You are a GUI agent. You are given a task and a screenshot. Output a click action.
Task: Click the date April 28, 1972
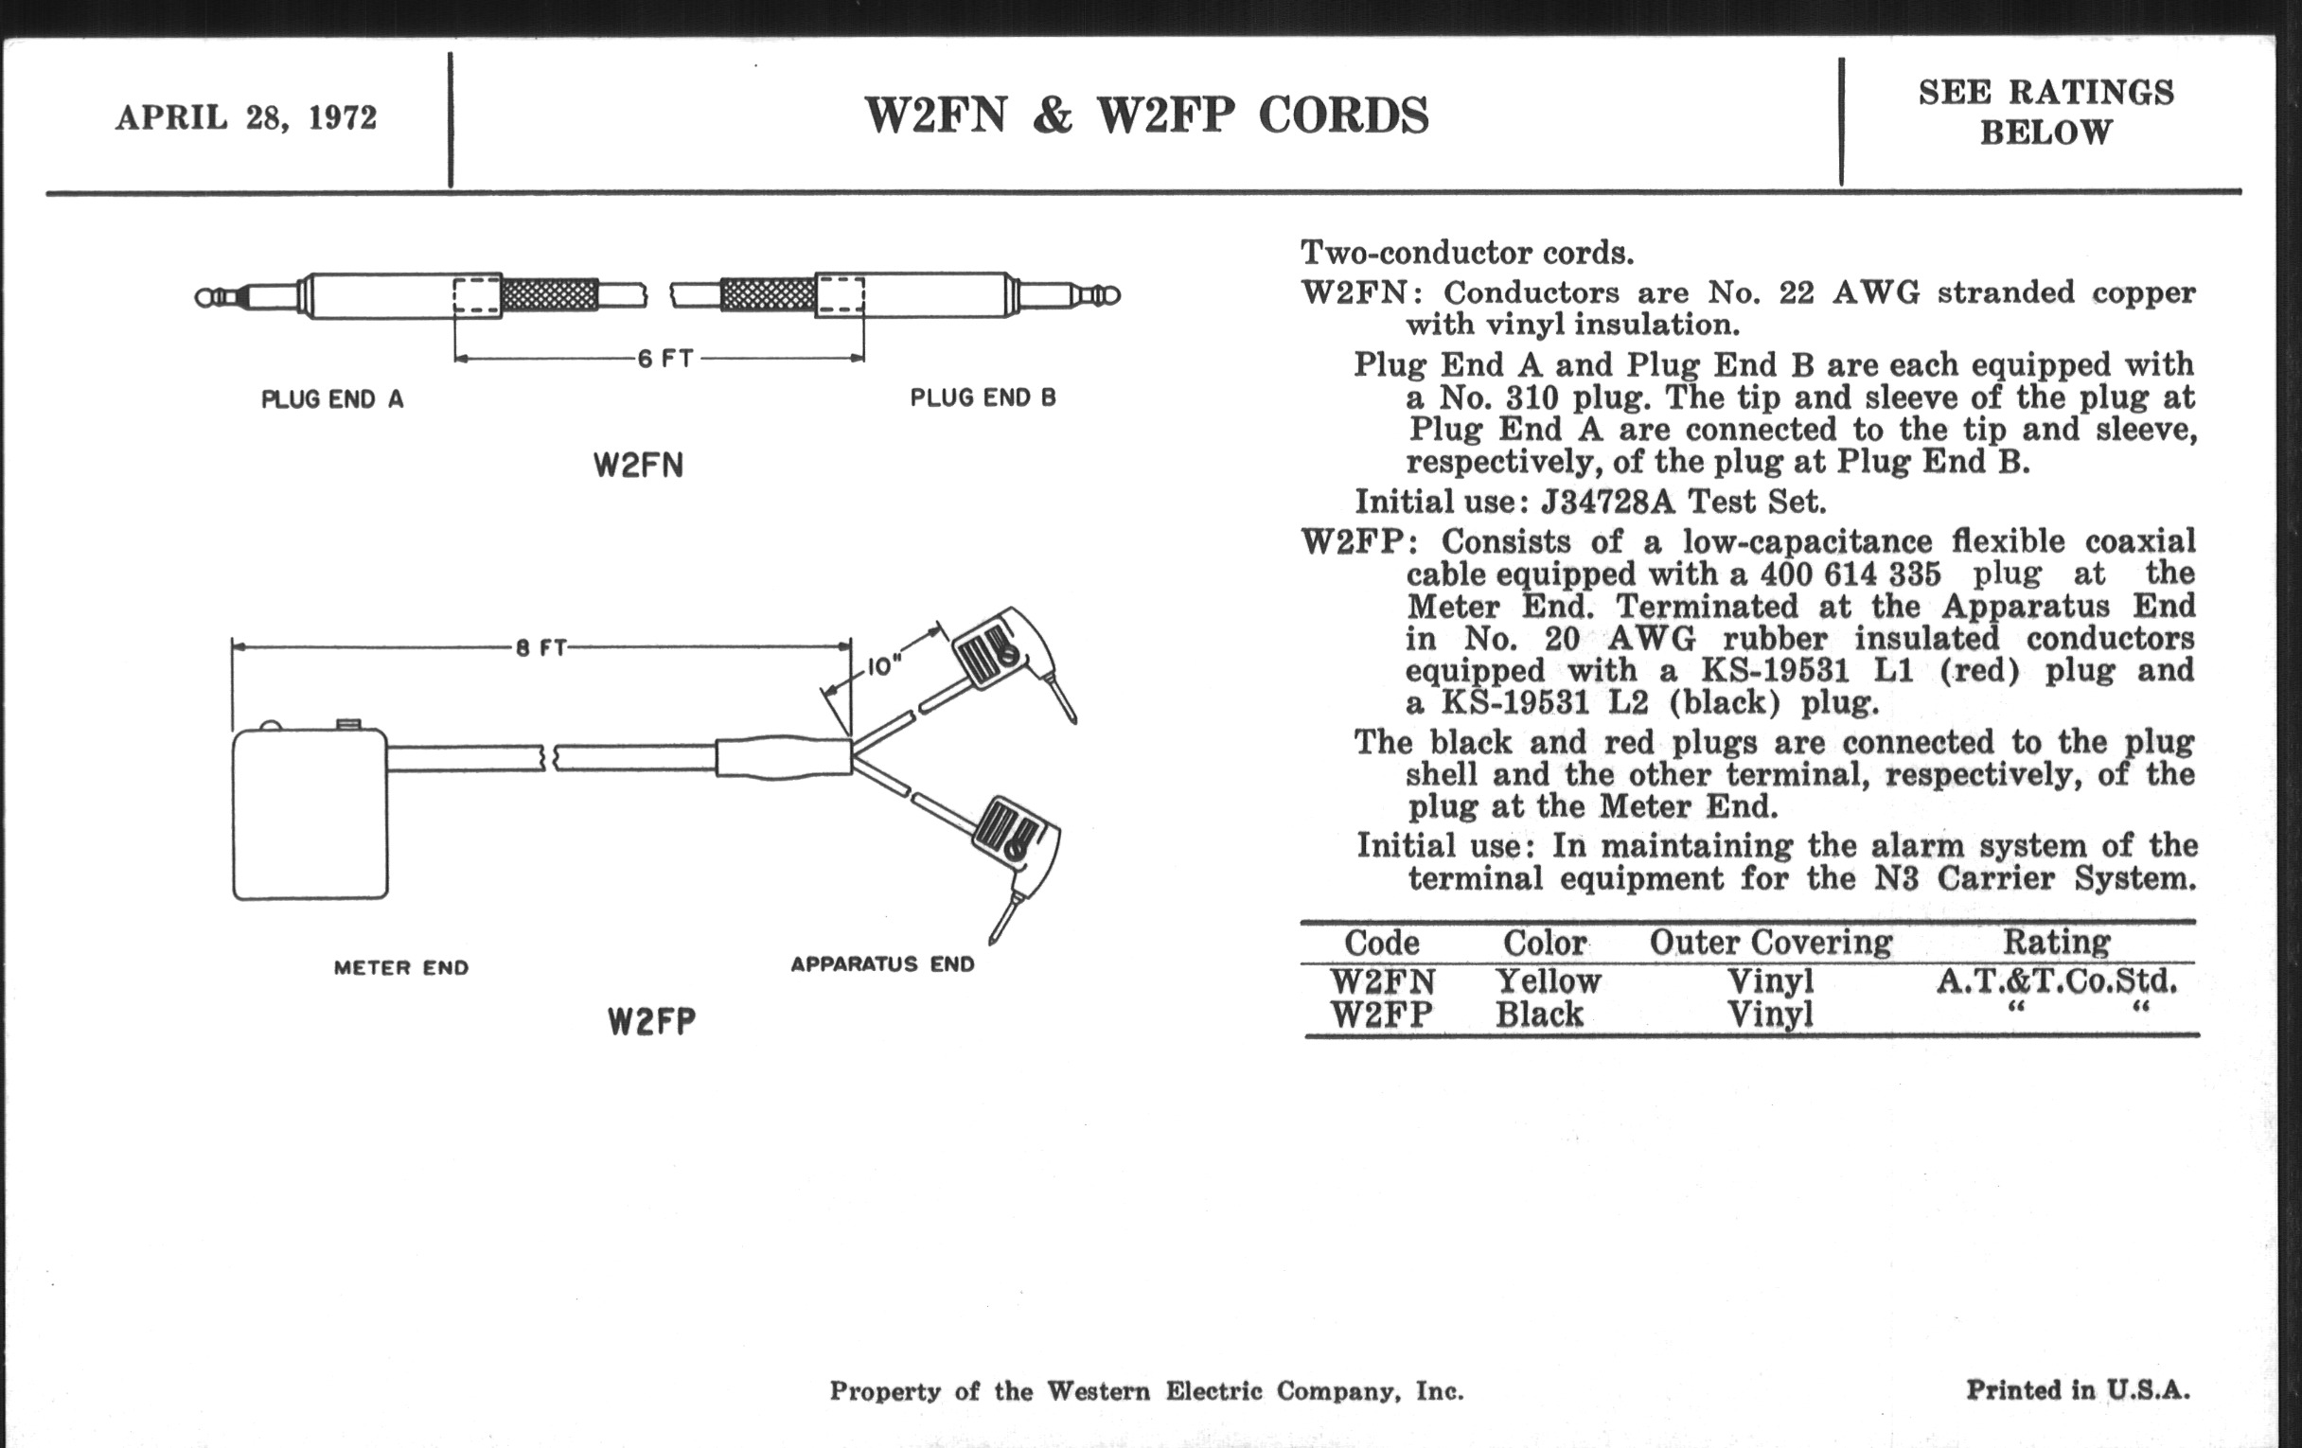coord(246,117)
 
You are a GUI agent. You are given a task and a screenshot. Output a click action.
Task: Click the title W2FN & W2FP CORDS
coord(1146,115)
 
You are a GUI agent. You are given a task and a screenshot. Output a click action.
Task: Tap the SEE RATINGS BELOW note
coord(2045,112)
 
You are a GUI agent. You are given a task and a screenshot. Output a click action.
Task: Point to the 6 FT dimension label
coord(665,360)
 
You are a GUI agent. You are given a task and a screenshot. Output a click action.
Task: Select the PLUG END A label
coord(331,399)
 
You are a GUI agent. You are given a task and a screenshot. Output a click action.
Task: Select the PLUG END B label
coord(983,397)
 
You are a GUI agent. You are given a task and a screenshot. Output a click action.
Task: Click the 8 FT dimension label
coord(541,648)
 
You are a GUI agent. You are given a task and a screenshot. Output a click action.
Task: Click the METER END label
coord(401,968)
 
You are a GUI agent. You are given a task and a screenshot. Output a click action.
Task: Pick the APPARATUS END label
coord(882,964)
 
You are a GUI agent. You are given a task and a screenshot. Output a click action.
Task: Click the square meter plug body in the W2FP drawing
coord(310,814)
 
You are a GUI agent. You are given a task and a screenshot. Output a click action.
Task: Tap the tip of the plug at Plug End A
coord(204,297)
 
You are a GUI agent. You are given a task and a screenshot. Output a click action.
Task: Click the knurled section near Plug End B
coord(767,294)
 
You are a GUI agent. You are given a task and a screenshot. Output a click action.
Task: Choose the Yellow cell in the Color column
coord(1548,981)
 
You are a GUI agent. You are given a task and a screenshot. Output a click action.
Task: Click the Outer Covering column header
coord(1770,943)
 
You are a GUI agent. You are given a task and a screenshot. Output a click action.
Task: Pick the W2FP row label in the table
coord(1381,1015)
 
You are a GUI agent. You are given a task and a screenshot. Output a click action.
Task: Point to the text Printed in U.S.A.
coord(2078,1389)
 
